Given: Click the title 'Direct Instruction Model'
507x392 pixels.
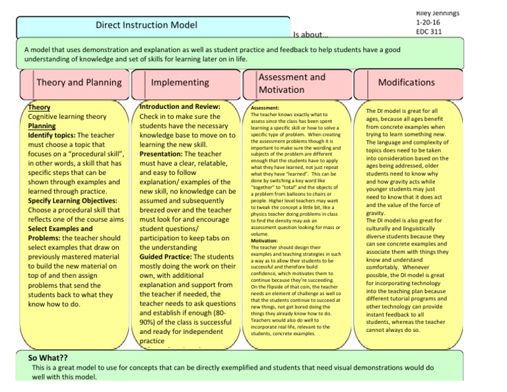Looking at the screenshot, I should [x=147, y=26].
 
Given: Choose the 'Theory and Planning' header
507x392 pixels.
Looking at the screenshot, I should [x=79, y=82].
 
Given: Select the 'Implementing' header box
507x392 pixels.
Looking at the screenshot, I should [x=180, y=82].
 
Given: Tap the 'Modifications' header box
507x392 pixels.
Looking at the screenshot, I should [x=406, y=82].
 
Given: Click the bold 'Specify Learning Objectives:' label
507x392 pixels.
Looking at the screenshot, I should [x=73, y=200].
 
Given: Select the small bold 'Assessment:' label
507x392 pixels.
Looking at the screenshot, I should [x=267, y=107].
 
